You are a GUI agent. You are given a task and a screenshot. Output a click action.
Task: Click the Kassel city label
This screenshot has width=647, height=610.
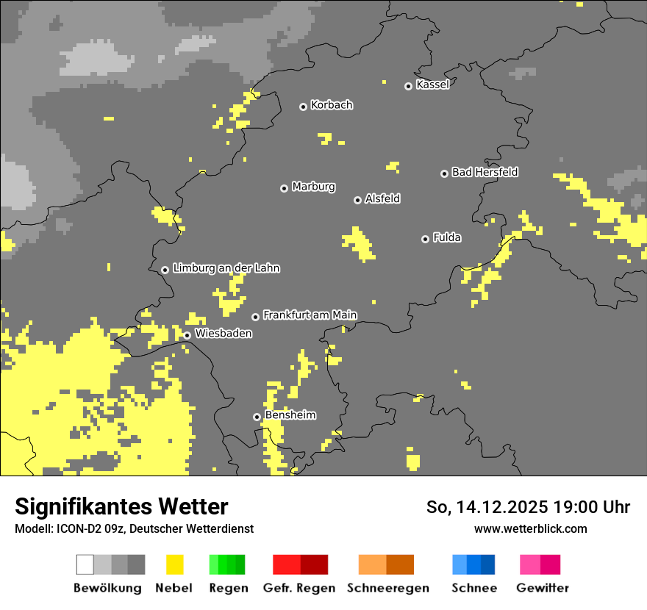point(432,85)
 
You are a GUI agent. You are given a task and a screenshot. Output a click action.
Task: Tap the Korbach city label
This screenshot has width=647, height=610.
point(332,105)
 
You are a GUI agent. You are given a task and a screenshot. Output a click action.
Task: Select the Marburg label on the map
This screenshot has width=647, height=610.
point(313,187)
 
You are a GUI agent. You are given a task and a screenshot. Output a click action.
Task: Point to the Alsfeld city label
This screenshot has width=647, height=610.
point(382,198)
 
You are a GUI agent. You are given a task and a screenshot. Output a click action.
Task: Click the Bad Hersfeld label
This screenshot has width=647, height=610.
point(485,172)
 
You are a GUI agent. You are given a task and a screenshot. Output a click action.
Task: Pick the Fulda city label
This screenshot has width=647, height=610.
point(447,237)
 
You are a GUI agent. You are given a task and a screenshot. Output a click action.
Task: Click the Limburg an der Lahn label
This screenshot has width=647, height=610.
point(226,268)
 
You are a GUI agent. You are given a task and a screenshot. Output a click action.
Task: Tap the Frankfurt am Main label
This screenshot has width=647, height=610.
point(310,315)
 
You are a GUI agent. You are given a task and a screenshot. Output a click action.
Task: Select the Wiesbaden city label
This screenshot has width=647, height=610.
point(223,334)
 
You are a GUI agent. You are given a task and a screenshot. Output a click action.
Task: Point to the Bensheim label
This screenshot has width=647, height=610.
point(290,415)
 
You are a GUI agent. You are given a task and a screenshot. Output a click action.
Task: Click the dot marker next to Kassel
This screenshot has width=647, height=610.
point(409,86)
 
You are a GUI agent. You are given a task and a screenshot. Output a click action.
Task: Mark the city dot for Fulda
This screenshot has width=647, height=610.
point(425,239)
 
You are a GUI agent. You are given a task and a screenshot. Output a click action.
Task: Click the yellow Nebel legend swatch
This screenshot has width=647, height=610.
point(174,564)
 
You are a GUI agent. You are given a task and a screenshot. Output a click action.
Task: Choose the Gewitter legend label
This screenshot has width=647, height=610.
point(543,588)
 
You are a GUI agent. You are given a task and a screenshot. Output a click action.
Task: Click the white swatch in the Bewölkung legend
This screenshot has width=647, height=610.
point(85,564)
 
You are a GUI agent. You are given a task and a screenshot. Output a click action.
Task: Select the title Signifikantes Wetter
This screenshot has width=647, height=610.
point(121,507)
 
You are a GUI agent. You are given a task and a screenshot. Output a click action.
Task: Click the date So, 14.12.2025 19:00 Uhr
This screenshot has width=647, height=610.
point(528,507)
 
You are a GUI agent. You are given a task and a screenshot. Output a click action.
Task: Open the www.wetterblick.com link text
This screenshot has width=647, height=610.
point(530,528)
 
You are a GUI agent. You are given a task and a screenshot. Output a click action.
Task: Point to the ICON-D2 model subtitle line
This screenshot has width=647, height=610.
point(134,528)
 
